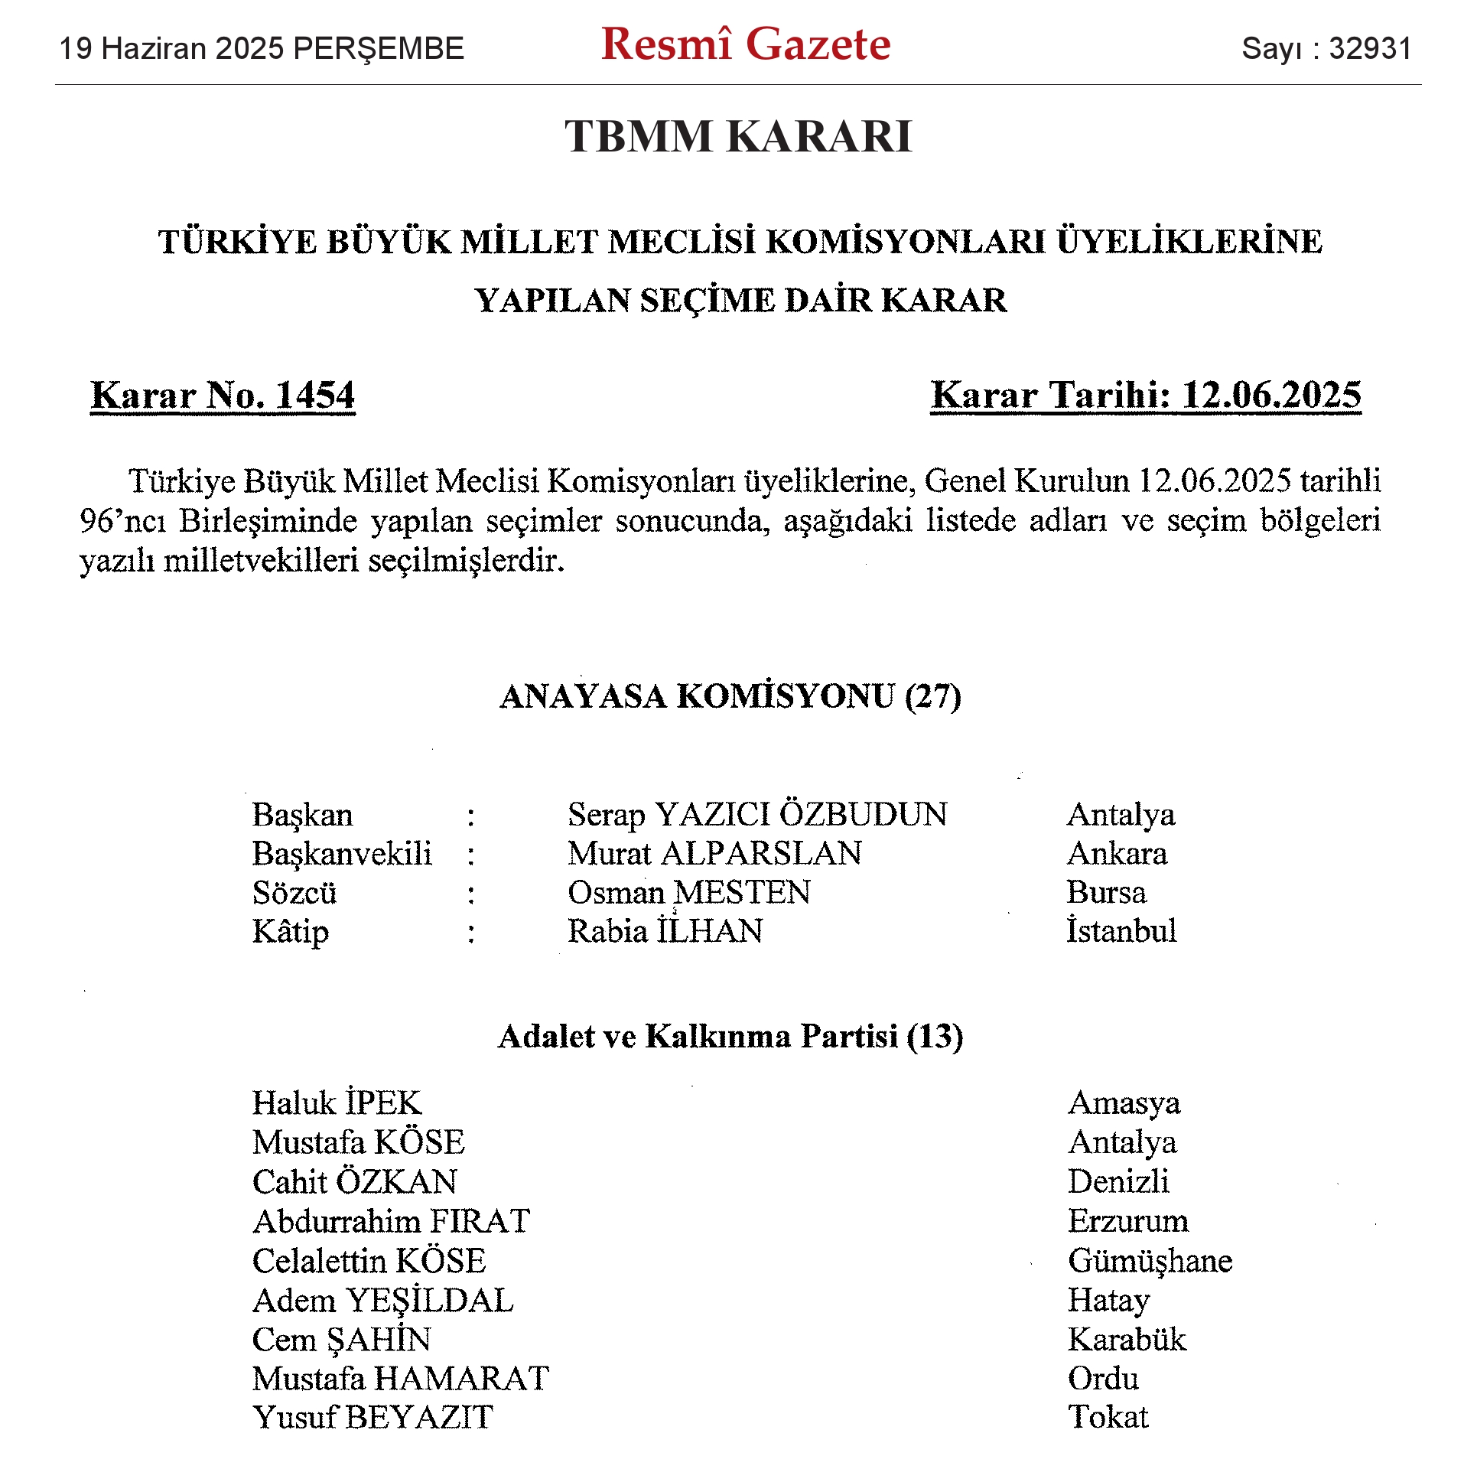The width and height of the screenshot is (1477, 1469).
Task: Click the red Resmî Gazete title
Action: [745, 44]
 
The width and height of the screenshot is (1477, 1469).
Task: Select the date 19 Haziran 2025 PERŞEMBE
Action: [262, 49]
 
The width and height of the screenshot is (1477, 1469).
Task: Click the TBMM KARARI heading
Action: [738, 137]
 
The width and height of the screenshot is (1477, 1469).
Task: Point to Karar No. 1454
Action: [223, 396]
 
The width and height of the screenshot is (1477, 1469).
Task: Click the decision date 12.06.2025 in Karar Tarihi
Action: [1271, 396]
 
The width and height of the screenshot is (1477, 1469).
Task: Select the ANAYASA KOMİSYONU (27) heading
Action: [730, 697]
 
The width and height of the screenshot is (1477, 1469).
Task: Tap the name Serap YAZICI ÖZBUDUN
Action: [756, 815]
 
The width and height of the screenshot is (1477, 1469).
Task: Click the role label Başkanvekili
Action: [342, 854]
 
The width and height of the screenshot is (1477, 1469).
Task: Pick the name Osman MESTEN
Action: [688, 893]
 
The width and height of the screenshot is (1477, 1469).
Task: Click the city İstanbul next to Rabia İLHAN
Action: [1121, 931]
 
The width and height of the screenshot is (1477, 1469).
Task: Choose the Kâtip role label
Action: [291, 932]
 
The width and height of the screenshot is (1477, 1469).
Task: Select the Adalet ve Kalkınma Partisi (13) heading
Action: [730, 1037]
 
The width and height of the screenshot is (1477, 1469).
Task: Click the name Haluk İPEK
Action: [337, 1103]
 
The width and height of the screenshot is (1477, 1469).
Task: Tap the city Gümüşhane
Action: [1150, 1261]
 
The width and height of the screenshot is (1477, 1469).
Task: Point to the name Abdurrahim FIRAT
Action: [391, 1221]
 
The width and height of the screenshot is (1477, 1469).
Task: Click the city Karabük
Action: [1127, 1340]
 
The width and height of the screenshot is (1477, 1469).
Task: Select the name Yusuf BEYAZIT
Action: [373, 1418]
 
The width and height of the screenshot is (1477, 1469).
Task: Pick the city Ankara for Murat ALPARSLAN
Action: [1117, 854]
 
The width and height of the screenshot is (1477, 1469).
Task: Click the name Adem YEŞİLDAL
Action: [382, 1301]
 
